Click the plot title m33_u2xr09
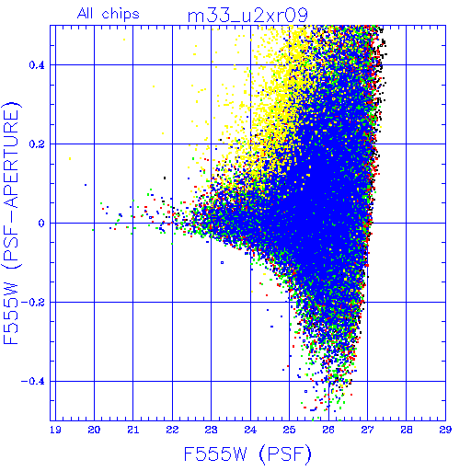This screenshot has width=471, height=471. point(247,16)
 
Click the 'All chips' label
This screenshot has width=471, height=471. point(109,14)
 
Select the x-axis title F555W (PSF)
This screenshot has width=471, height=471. point(247,454)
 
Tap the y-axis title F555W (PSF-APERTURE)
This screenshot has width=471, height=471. point(11,223)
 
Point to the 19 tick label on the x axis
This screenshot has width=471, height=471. point(55,430)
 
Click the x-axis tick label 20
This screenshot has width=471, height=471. point(94,430)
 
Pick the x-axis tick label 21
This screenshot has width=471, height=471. point(133,430)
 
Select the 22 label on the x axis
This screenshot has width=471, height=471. point(172,430)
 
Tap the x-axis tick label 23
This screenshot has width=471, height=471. point(212,430)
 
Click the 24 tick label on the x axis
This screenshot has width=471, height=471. point(250,430)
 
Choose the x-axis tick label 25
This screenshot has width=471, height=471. point(290,430)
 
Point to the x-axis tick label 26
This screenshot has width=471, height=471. point(328,430)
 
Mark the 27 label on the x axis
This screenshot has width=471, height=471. point(367,430)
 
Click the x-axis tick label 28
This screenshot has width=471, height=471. point(407,430)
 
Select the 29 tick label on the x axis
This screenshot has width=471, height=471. point(445,430)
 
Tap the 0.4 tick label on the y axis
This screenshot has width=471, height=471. point(37,65)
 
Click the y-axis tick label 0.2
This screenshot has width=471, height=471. point(37,144)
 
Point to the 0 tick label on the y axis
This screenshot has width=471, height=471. point(41,224)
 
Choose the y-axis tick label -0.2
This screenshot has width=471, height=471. point(33,303)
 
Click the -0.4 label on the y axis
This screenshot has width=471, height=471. point(33,382)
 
